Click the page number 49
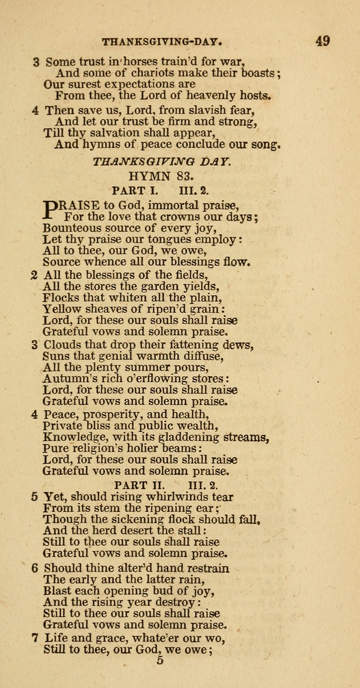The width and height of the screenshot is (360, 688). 322,40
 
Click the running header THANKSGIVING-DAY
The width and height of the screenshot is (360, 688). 164,42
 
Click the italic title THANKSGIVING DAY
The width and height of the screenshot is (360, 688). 161,161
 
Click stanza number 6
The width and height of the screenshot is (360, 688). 35,568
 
